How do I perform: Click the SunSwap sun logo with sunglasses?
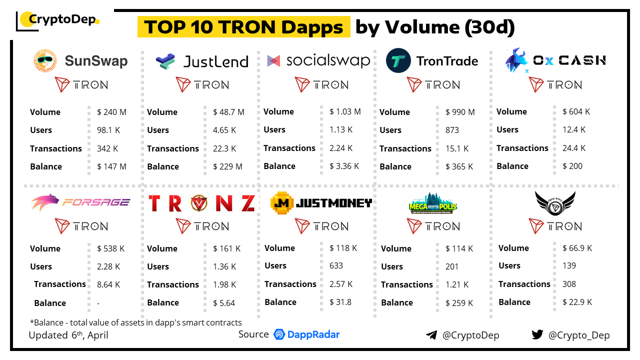(45, 61)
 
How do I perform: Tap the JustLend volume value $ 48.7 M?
(228, 112)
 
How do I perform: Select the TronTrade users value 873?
(452, 130)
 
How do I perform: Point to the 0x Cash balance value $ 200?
(572, 166)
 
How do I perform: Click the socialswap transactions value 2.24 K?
(341, 148)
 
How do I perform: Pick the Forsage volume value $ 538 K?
(111, 248)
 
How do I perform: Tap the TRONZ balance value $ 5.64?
(223, 302)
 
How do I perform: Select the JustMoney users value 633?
(336, 265)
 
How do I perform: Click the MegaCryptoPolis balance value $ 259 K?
(459, 302)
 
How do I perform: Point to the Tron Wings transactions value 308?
(569, 284)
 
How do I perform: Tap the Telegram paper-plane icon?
(431, 335)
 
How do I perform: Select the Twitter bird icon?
(537, 334)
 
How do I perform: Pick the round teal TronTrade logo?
(398, 61)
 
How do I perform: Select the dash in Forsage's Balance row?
(98, 303)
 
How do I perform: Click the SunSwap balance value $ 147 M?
(111, 166)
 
